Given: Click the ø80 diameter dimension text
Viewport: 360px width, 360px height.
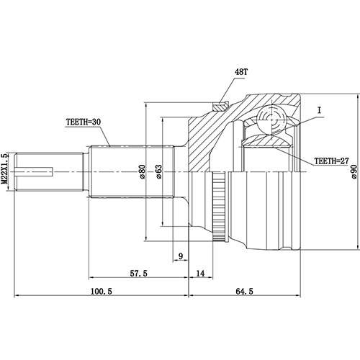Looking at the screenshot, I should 143,171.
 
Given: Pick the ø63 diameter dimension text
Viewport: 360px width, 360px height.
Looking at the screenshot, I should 158,171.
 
